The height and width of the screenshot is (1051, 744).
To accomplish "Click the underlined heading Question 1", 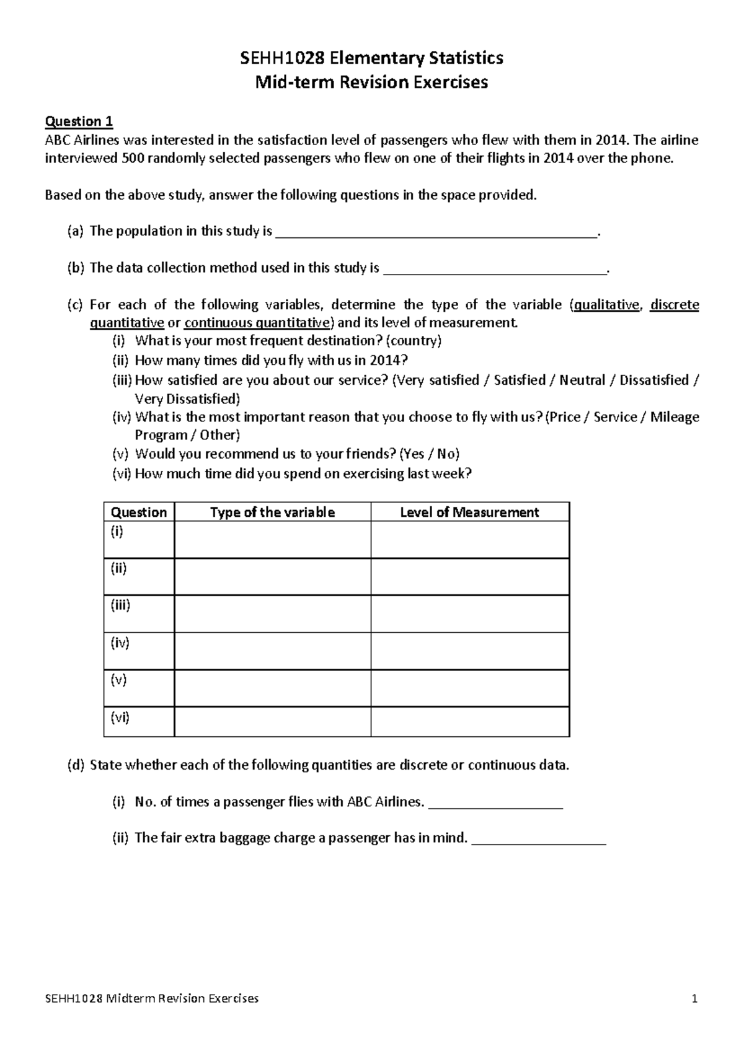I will (x=79, y=121).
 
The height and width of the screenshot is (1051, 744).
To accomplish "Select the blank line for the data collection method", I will (x=495, y=270).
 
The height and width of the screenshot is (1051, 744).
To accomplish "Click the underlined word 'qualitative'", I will (x=606, y=304).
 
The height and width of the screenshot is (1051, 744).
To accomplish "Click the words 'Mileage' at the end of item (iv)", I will (x=675, y=417).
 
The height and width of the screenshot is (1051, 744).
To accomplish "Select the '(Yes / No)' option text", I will (x=430, y=454).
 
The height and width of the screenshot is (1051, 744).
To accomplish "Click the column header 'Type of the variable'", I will (x=272, y=512).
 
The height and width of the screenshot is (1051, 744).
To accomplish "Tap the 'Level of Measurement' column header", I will (x=469, y=512).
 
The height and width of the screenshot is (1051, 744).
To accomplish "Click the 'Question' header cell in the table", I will (x=138, y=512).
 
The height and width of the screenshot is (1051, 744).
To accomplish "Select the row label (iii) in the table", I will (x=120, y=605).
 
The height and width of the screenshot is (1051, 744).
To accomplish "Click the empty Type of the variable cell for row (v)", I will (x=272, y=688).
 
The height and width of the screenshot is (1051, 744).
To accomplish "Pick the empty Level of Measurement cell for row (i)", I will (x=469, y=539).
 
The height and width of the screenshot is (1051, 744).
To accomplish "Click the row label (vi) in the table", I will (x=120, y=718).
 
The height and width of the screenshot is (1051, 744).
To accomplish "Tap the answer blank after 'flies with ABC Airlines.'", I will (x=495, y=804).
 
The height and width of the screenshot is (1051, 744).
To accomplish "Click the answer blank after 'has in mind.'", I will (x=539, y=840).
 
